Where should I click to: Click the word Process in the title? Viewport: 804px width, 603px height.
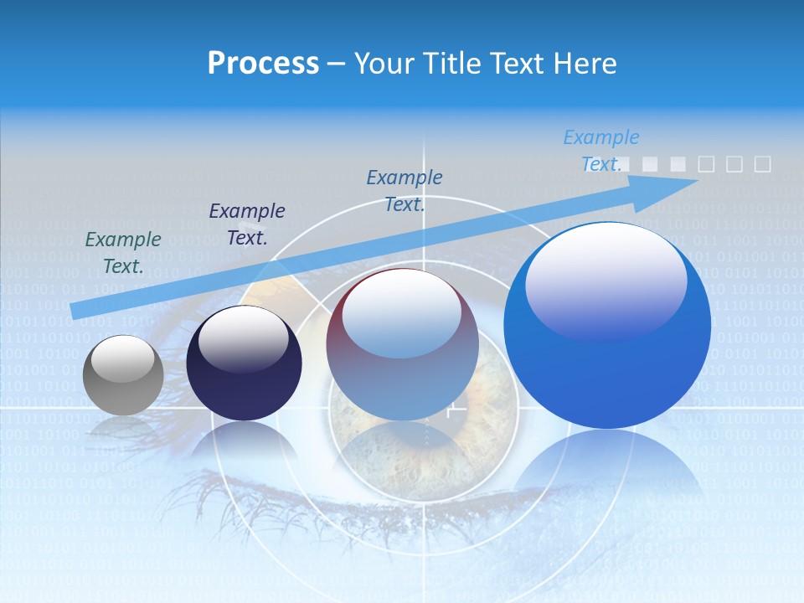(x=263, y=64)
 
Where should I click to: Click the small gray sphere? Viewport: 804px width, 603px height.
(x=123, y=375)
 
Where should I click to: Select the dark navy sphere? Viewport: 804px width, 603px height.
(x=244, y=363)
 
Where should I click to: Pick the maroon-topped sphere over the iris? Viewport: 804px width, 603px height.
(x=402, y=345)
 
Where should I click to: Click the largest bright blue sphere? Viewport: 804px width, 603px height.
(x=607, y=325)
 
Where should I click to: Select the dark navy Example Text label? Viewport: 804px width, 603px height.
(x=247, y=224)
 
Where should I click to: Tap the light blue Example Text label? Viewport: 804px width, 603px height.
(x=601, y=151)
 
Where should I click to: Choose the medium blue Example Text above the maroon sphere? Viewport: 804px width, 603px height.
(x=405, y=190)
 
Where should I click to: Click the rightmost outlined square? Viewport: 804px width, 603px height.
(x=762, y=164)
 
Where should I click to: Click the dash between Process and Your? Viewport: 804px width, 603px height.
(x=337, y=64)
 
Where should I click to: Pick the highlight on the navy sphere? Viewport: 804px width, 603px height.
(x=244, y=338)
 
